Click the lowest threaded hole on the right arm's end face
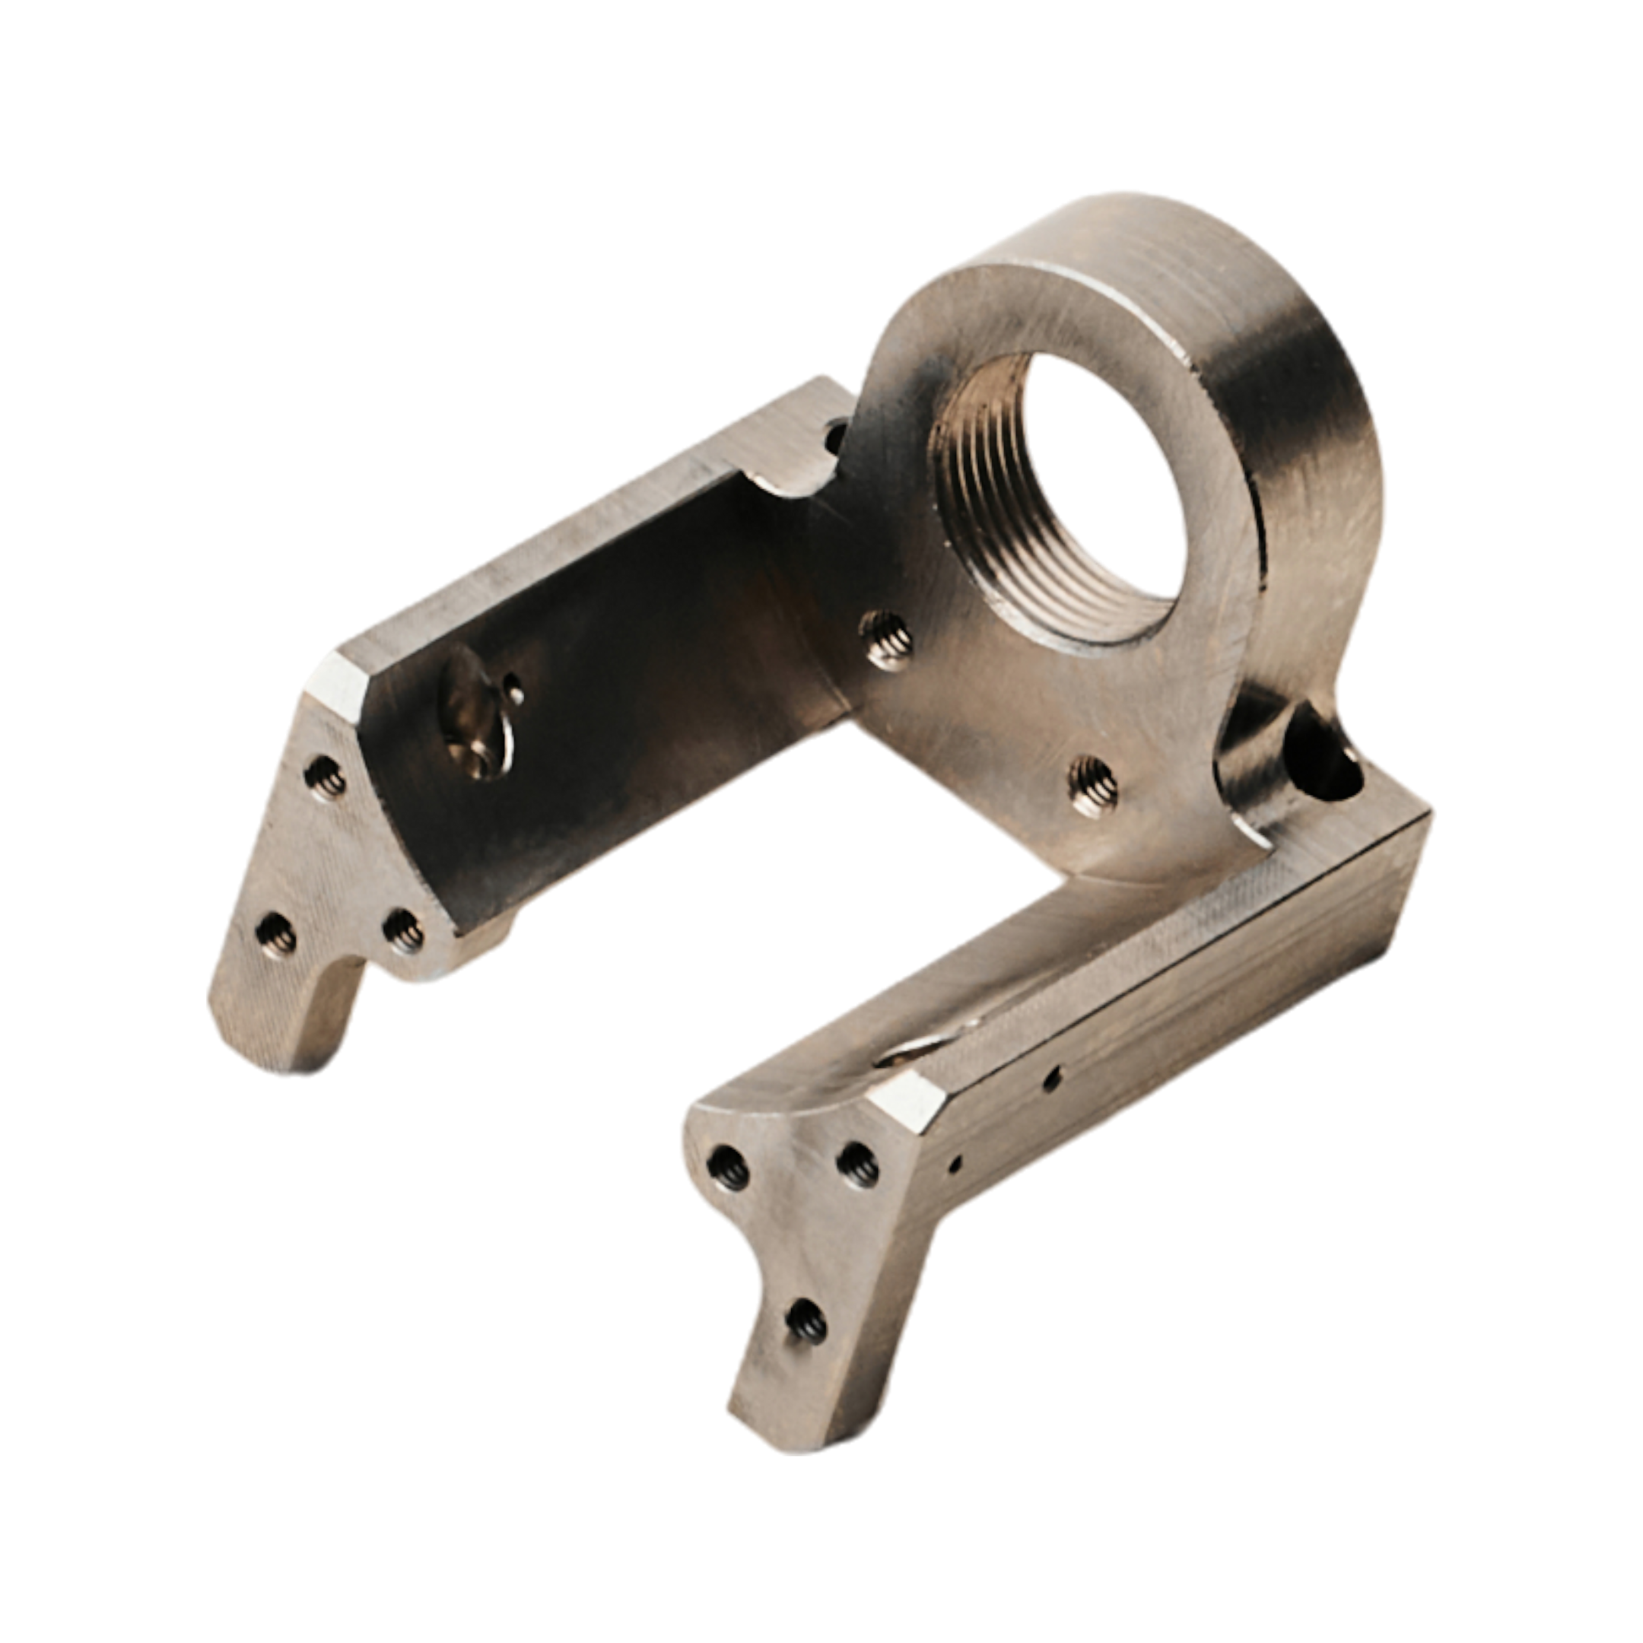click(806, 1323)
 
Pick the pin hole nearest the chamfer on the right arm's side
click(956, 1160)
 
